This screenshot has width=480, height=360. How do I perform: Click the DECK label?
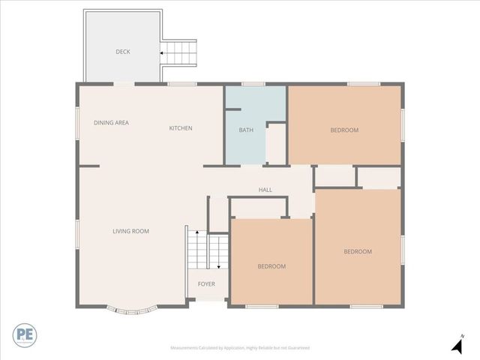pyautogui.click(x=123, y=52)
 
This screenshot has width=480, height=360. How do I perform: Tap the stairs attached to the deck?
pyautogui.click(x=179, y=52)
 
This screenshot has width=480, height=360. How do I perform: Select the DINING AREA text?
pyautogui.click(x=111, y=122)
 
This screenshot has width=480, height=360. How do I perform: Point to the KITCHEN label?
pyautogui.click(x=180, y=128)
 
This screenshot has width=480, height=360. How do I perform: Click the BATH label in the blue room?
pyautogui.click(x=246, y=130)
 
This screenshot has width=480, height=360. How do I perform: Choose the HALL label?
pyautogui.click(x=265, y=190)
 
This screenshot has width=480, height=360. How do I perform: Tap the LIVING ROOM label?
pyautogui.click(x=130, y=231)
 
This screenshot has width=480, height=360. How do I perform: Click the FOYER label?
pyautogui.click(x=206, y=284)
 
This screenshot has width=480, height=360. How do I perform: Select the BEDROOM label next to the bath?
pyautogui.click(x=344, y=130)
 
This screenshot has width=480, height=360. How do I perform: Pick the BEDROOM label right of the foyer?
pyautogui.click(x=271, y=266)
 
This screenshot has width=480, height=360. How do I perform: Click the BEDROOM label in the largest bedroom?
pyautogui.click(x=358, y=251)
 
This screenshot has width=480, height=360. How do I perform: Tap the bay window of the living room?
pyautogui.click(x=132, y=307)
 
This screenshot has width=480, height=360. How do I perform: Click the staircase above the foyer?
pyautogui.click(x=207, y=251)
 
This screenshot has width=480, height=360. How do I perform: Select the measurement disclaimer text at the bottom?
pyautogui.click(x=240, y=348)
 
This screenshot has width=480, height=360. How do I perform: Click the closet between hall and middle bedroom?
pyautogui.click(x=259, y=208)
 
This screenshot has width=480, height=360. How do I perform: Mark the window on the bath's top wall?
pyautogui.click(x=253, y=84)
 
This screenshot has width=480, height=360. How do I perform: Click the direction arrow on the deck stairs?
pyautogui.click(x=162, y=52)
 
